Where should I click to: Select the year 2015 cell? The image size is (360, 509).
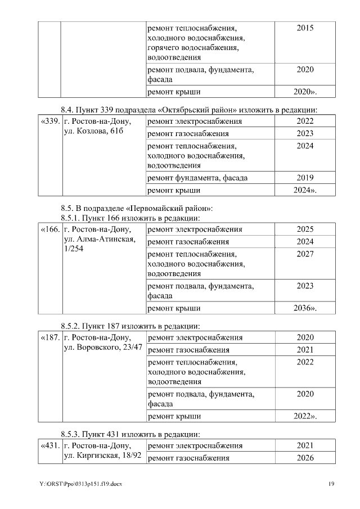pyautogui.click(x=305, y=28)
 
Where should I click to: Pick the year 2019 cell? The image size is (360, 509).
pyautogui.click(x=305, y=178)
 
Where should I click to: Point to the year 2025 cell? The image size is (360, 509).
pyautogui.click(x=305, y=229)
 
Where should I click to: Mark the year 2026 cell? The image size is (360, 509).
pyautogui.click(x=305, y=458)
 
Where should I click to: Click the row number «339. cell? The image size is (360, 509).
pyautogui.click(x=49, y=121)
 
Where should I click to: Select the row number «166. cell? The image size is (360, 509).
pyautogui.click(x=49, y=229)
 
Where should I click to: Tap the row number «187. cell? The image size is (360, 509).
pyautogui.click(x=49, y=337)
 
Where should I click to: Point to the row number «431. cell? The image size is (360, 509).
pyautogui.click(x=49, y=445)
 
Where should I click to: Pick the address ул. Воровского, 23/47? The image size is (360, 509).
pyautogui.click(x=103, y=348)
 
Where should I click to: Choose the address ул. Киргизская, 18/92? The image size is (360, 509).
pyautogui.click(x=103, y=456)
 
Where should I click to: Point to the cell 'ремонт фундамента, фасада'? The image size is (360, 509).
pyautogui.click(x=197, y=178)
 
